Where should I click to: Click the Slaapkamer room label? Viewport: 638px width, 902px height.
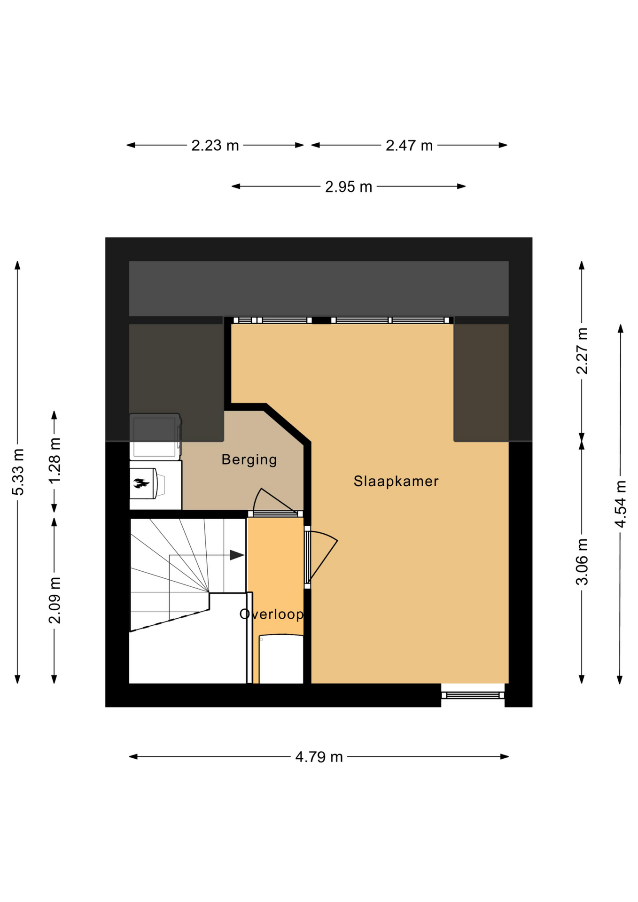coord(396,481)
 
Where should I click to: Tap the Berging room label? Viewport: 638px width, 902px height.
coord(249,459)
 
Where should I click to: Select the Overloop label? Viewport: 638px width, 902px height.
coord(272,614)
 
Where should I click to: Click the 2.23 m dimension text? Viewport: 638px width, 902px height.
coord(215,146)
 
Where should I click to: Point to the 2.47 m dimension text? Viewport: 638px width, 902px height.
coord(409,146)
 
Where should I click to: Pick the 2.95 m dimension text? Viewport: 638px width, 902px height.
coord(349,187)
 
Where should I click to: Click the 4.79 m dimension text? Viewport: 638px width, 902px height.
coord(319,757)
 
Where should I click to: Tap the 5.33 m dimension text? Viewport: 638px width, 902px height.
coord(18,472)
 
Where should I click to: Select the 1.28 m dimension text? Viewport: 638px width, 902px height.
coord(54,460)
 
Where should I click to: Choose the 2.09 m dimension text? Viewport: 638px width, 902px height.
coord(54,600)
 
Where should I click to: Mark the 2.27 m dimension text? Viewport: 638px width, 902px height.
coord(582,351)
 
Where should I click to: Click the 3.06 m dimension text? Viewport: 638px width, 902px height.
coord(582,562)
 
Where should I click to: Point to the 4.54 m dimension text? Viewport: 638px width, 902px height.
coord(621,504)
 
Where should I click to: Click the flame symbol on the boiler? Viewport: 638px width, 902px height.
coord(141,483)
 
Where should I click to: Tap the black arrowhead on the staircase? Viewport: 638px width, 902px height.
coord(237,555)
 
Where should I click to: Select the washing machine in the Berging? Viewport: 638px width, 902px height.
coord(155,436)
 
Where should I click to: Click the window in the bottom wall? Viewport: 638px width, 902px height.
coord(473,695)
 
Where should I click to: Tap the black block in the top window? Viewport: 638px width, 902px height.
coord(321,320)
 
